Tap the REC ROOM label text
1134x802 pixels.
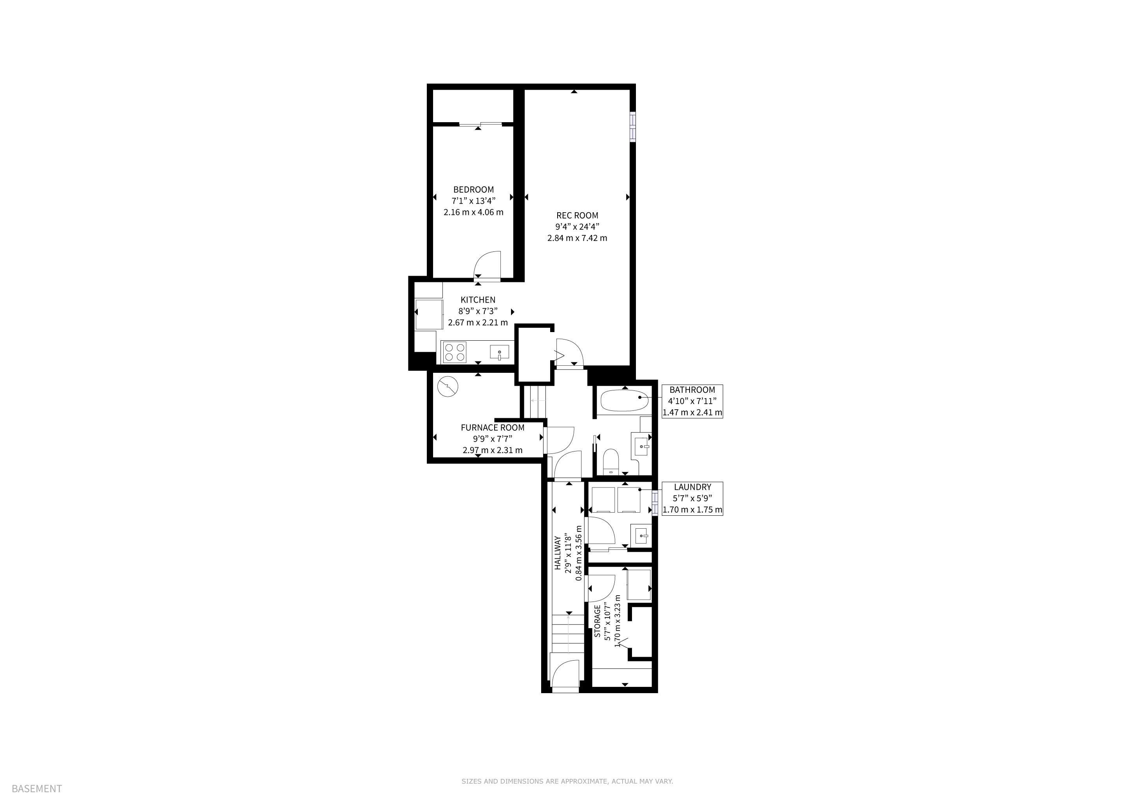pyautogui.click(x=577, y=215)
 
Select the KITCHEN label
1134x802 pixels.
pyautogui.click(x=478, y=300)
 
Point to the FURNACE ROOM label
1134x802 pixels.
pyautogui.click(x=493, y=428)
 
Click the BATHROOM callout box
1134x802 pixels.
pyautogui.click(x=692, y=401)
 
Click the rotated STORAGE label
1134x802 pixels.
pyautogui.click(x=597, y=621)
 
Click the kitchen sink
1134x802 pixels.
pyautogui.click(x=499, y=352)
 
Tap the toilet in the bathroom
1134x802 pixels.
pyautogui.click(x=611, y=461)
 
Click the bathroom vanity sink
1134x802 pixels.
pyautogui.click(x=641, y=446)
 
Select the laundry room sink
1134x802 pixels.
pyautogui.click(x=642, y=535)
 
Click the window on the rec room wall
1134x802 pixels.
pyautogui.click(x=633, y=127)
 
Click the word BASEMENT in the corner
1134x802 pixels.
pyautogui.click(x=37, y=789)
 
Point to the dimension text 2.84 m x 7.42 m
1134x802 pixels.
pyautogui.click(x=577, y=238)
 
